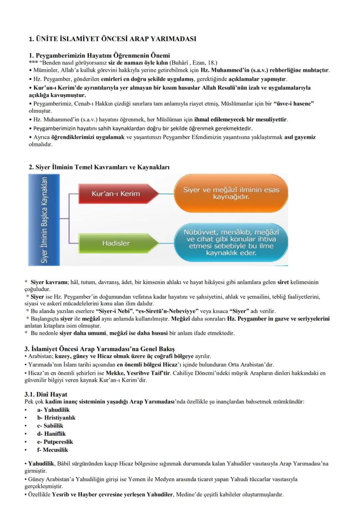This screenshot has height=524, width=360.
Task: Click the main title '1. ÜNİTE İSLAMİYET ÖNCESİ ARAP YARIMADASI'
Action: (x=112, y=39)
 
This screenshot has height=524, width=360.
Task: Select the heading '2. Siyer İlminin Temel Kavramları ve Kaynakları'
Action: (x=99, y=167)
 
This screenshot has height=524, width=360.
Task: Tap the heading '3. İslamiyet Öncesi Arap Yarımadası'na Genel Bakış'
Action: (x=101, y=349)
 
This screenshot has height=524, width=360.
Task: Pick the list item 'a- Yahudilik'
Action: (x=53, y=410)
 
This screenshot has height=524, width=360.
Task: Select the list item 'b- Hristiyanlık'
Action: (x=56, y=417)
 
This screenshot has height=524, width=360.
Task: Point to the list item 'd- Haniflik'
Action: (x=51, y=434)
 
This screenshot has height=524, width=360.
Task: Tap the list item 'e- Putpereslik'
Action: (x=55, y=442)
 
